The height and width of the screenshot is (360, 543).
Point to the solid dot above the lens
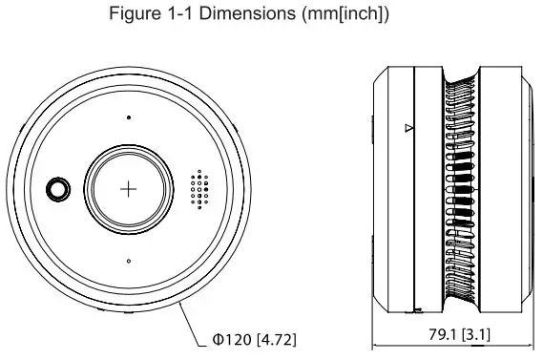[130, 118]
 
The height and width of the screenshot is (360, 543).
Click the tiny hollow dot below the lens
[130, 260]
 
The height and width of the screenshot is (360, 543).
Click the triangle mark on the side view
[407, 127]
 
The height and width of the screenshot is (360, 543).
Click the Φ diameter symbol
[218, 339]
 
